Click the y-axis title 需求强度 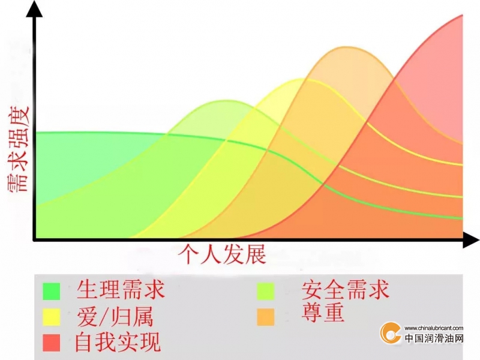click(x=19, y=149)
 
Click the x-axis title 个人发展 click(x=222, y=254)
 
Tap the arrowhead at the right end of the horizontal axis click(x=471, y=239)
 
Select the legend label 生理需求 click(x=121, y=290)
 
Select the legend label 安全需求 click(x=346, y=290)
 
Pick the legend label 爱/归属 click(x=115, y=317)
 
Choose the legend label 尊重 click(x=323, y=312)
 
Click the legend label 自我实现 click(x=118, y=342)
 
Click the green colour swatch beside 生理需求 click(x=52, y=291)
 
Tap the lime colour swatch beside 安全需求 click(x=265, y=291)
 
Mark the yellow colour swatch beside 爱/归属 click(x=52, y=317)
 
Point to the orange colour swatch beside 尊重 click(x=265, y=317)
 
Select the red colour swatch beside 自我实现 click(x=52, y=343)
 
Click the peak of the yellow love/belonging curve click(x=302, y=79)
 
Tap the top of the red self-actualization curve click(x=462, y=15)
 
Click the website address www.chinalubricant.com click(x=433, y=328)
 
